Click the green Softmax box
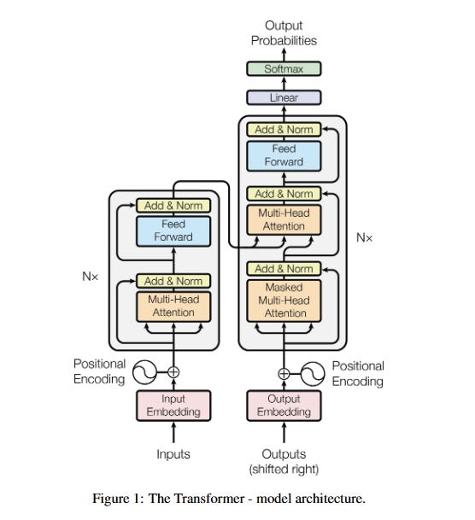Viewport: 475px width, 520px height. click(x=284, y=68)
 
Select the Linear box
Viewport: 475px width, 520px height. click(x=284, y=97)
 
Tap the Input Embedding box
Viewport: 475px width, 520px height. click(x=173, y=406)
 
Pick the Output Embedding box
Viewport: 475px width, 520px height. click(x=284, y=406)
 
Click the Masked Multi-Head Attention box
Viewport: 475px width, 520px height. click(x=284, y=301)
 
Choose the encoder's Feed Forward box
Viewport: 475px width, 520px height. click(x=173, y=231)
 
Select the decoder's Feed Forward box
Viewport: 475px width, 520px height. click(x=284, y=156)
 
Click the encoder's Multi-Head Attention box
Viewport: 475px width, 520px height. click(x=173, y=307)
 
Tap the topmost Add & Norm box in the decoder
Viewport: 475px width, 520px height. click(x=284, y=129)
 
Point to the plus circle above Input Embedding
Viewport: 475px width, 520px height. click(x=173, y=371)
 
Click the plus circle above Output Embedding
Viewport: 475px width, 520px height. click(x=284, y=374)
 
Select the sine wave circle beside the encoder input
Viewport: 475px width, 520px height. click(x=144, y=371)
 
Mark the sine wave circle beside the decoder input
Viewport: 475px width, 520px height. click(x=313, y=374)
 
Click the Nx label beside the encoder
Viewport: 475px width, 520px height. click(x=90, y=276)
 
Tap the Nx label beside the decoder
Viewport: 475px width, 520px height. click(x=364, y=237)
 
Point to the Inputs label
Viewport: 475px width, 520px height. click(x=173, y=454)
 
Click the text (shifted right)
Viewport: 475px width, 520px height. click(x=284, y=470)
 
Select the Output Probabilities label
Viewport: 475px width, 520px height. click(x=284, y=32)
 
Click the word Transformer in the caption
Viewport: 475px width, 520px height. click(x=196, y=499)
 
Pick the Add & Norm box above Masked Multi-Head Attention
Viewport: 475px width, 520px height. click(x=284, y=269)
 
